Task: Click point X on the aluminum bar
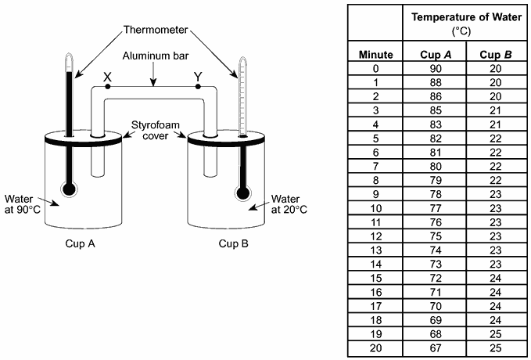coord(107,87)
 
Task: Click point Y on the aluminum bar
coord(198,87)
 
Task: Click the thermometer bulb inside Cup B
coord(241,190)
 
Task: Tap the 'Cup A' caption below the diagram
coord(81,243)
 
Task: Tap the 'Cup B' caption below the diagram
coord(233,243)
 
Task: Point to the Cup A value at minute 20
coord(435,346)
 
